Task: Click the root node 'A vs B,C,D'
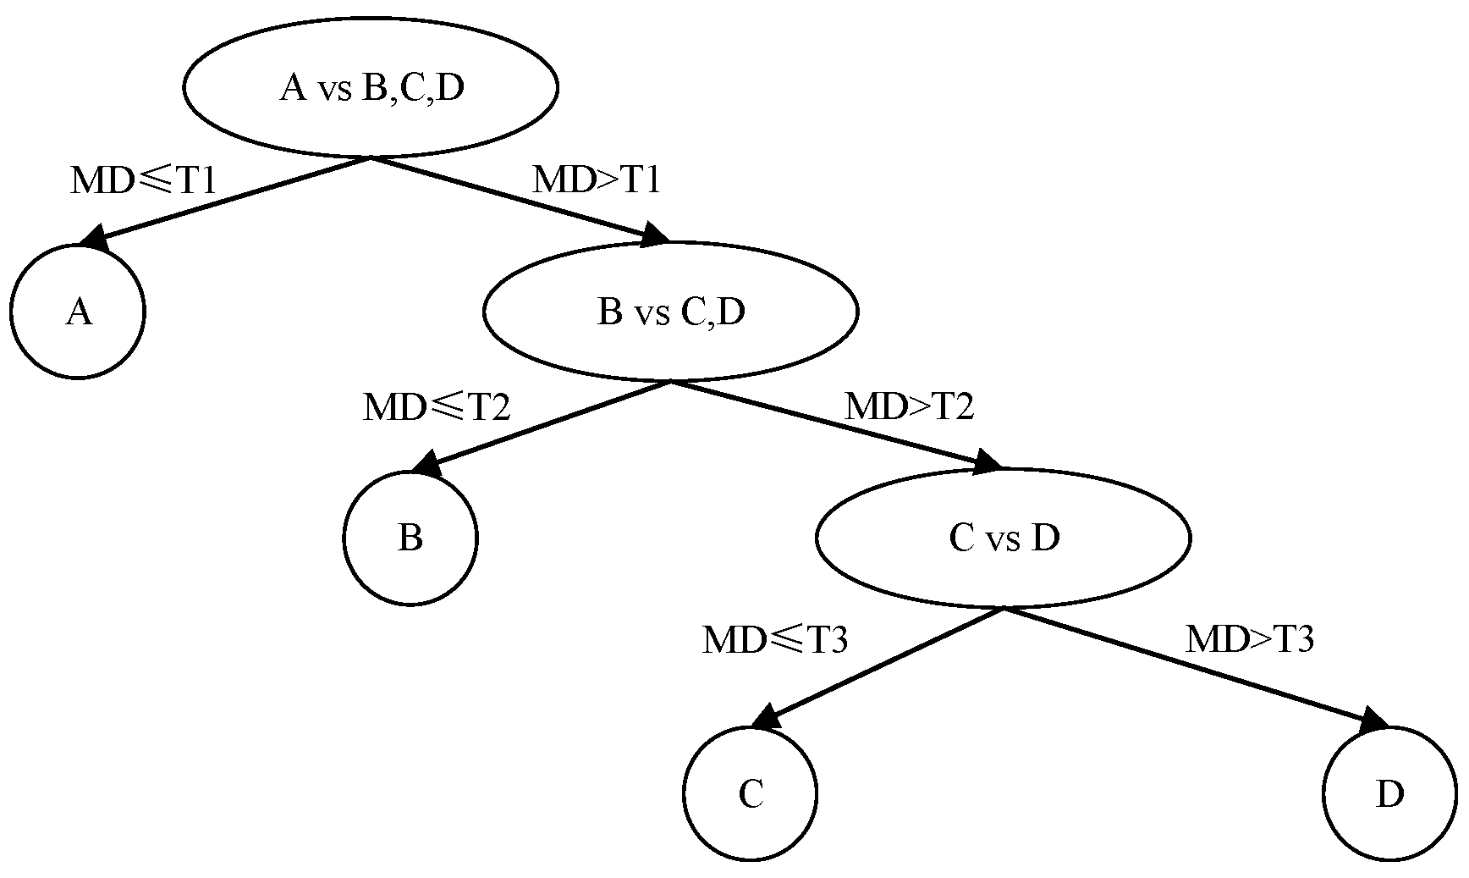coord(371,87)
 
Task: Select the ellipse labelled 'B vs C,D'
coord(670,312)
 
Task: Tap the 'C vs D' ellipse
coord(1004,538)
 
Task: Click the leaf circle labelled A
coord(78,312)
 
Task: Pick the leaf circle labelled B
coord(410,538)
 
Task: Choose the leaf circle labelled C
coord(751,794)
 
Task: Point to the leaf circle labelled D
coord(1389,794)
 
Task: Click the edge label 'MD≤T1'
coord(143,180)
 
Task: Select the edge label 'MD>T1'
coord(596,179)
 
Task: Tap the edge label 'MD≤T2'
coord(437,407)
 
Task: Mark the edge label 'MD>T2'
coord(910,406)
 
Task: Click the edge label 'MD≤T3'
coord(775,640)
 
